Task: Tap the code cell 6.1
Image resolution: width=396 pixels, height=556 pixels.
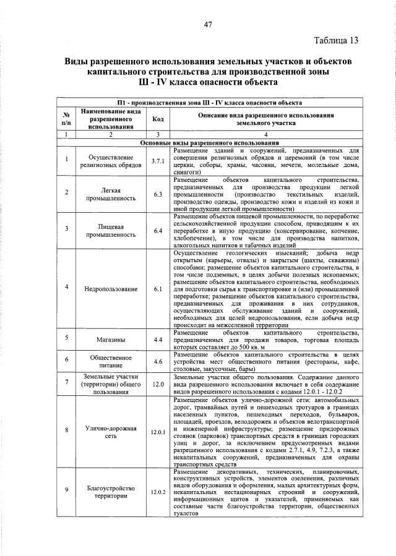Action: [x=157, y=289]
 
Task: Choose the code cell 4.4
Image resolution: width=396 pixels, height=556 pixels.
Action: [x=157, y=340]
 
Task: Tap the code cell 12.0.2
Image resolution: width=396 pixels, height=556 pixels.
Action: [x=157, y=492]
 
